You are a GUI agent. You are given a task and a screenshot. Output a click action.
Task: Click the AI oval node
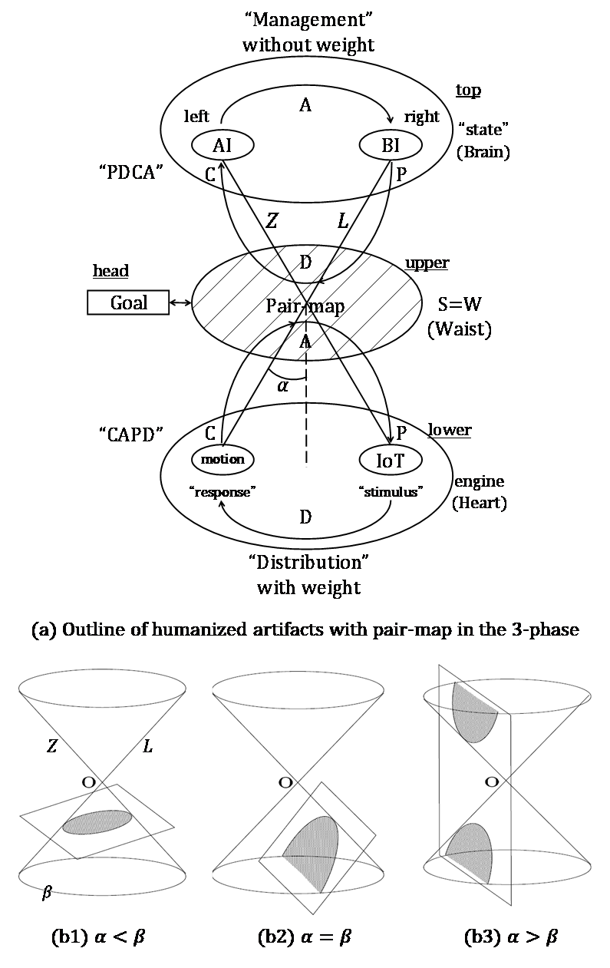pos(223,146)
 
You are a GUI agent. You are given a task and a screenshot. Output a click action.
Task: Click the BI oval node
pos(391,146)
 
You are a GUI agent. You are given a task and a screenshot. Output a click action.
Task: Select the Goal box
pos(129,302)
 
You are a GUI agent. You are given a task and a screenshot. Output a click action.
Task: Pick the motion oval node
pos(223,459)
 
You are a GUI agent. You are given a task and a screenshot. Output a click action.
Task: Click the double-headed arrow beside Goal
pos(180,303)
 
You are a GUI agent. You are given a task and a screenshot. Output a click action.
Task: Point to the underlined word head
pos(110,270)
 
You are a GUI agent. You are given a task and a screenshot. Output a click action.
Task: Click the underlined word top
pos(468,91)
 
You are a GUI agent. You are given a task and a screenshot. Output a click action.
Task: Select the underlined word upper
pos(427,263)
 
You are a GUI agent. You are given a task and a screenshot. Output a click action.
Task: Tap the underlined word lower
pos(449,431)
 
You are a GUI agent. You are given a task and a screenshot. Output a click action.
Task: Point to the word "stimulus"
pos(391,492)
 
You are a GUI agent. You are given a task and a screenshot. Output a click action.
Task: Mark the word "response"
pos(223,492)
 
